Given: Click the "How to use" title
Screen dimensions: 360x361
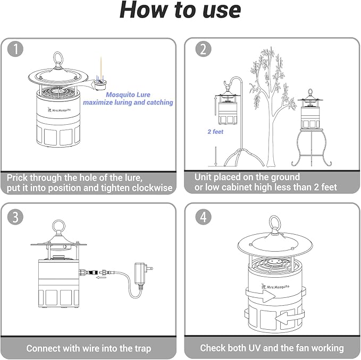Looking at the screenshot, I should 180,11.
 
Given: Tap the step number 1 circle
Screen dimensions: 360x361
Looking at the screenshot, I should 16,50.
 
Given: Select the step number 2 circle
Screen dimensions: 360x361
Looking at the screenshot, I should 203,50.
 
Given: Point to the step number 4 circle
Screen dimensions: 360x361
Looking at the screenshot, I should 203,217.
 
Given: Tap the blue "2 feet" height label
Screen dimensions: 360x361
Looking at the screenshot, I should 215,132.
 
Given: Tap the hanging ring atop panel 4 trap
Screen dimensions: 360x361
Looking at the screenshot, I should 275,223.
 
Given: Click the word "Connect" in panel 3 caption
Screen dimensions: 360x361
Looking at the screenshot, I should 45,349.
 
